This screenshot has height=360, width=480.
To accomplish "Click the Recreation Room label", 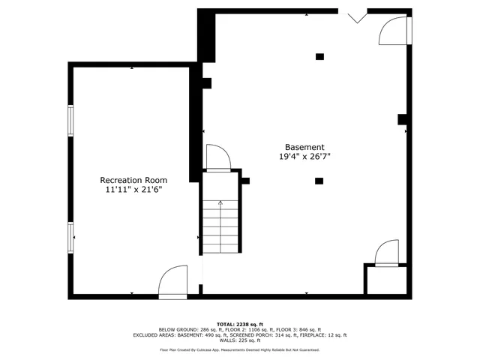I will pyautogui.click(x=133, y=180).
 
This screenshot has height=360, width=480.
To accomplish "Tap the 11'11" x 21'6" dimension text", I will pyautogui.click(x=133, y=190).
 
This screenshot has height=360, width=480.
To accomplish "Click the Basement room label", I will pyautogui.click(x=304, y=147).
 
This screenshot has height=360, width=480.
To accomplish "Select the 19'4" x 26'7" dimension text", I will pyautogui.click(x=304, y=157).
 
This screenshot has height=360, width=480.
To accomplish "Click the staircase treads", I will pyautogui.click(x=220, y=225).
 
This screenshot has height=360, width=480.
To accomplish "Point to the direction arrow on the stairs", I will pyautogui.click(x=220, y=202).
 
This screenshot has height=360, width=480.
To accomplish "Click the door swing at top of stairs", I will pyautogui.click(x=217, y=159).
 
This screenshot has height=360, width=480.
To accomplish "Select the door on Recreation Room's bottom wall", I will pyautogui.click(x=173, y=283).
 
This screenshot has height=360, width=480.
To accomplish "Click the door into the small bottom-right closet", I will pyautogui.click(x=388, y=253).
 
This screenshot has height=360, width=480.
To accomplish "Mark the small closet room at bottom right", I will pyautogui.click(x=385, y=280).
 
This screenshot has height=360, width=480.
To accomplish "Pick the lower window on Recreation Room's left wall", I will pyautogui.click(x=71, y=236).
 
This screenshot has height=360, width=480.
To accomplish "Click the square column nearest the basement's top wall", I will pyautogui.click(x=319, y=56).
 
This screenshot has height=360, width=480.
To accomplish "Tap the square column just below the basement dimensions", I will pyautogui.click(x=319, y=181).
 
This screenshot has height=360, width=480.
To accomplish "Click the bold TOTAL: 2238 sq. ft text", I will pyautogui.click(x=239, y=324).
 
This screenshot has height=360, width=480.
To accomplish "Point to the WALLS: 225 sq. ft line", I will pyautogui.click(x=239, y=340).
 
